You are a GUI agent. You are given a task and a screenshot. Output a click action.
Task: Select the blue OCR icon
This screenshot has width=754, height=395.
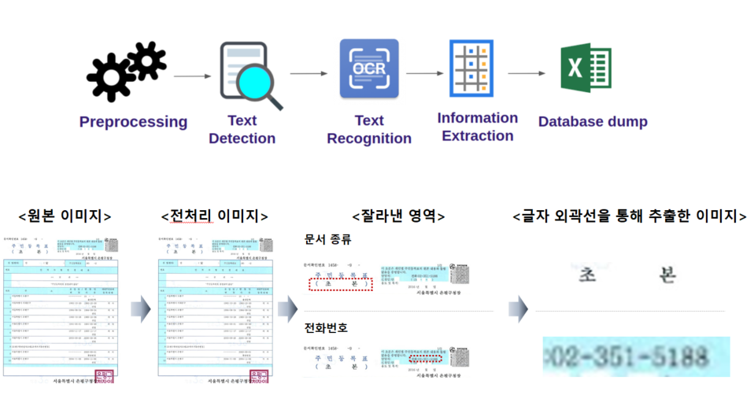coord(369,68)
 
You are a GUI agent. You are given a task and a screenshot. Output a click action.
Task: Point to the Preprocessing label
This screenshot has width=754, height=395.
coord(133,122)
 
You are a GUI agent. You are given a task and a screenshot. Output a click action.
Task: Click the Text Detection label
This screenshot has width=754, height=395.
coord(242,130)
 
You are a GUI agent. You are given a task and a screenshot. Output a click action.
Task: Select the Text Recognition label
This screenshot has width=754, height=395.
coord(369,130)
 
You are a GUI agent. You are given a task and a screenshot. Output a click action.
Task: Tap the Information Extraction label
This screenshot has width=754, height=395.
coord(478,127)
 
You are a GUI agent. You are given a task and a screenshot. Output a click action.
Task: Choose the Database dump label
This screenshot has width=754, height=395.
coord(593,122)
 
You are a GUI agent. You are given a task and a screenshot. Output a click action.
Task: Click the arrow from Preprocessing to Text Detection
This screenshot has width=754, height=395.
coord(192,76)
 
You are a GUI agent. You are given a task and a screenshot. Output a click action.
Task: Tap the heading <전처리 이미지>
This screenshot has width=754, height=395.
coord(214,216)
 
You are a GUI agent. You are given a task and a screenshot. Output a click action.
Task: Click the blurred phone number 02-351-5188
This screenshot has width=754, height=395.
coord(636,356)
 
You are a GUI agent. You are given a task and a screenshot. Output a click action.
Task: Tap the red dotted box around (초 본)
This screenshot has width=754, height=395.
coord(341,284)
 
